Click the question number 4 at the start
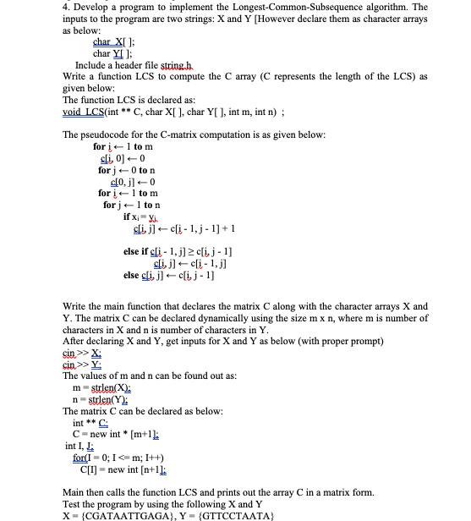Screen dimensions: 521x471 coord(66,8)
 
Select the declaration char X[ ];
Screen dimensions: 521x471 coord(113,41)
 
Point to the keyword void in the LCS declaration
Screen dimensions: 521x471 coord(75,110)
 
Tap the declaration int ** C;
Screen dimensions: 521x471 coord(92,422)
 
